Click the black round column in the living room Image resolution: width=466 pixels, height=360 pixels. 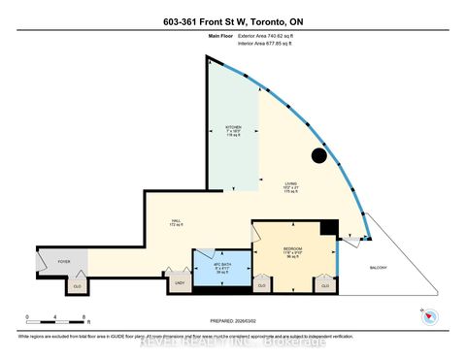point(318,156)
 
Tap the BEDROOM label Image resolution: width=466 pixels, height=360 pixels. point(293,249)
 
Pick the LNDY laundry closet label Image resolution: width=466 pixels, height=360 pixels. point(179,284)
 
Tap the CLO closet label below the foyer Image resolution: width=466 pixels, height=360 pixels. point(78,285)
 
